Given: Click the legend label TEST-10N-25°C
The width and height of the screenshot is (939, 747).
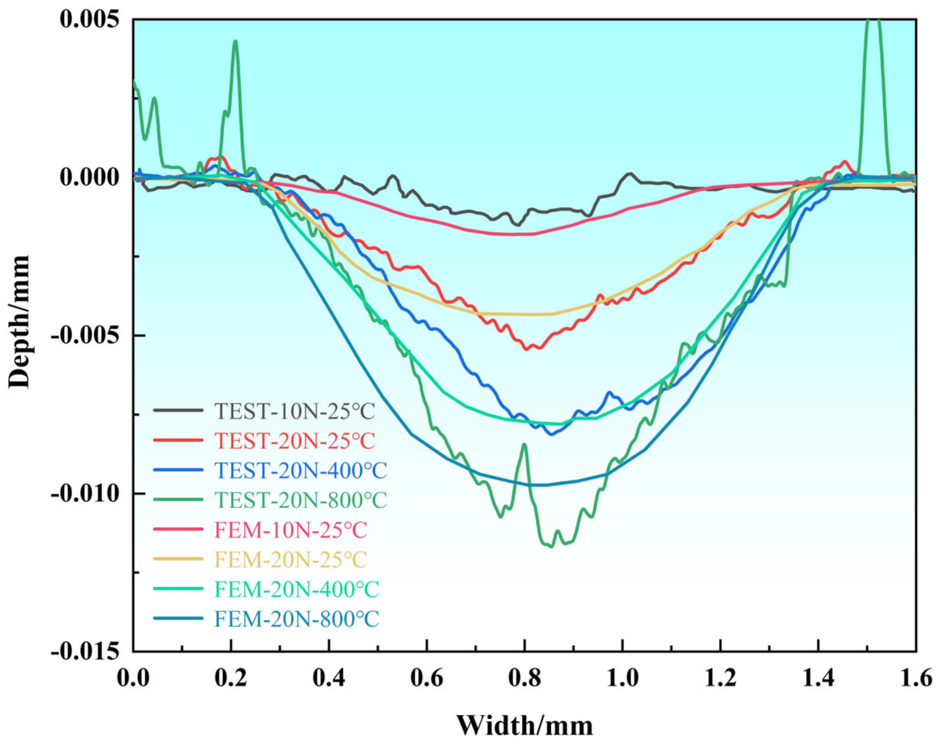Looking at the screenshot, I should [295, 411].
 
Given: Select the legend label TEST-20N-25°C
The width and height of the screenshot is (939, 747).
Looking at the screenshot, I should [295, 441].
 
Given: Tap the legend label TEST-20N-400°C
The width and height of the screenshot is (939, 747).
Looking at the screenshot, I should [300, 470].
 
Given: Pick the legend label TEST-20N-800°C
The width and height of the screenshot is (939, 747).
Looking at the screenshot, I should [300, 500].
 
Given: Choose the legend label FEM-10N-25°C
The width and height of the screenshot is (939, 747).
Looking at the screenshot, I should [291, 530].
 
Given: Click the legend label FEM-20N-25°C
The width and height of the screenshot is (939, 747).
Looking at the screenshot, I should [291, 559].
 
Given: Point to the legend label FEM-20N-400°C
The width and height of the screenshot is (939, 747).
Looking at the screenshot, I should [296, 589].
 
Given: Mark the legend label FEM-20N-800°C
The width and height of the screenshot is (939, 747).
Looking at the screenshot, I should [296, 619].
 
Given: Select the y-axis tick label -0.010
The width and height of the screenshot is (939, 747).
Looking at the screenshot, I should [85, 493].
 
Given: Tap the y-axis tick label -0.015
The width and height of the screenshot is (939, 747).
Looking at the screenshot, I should [85, 651].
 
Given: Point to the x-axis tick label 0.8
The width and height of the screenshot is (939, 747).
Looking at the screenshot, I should [525, 679].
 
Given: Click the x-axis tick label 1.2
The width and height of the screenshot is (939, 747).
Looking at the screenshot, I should [721, 679].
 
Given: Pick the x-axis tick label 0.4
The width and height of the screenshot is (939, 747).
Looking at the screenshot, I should [329, 679].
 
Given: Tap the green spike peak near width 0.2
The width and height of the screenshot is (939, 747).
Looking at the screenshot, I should [235, 42].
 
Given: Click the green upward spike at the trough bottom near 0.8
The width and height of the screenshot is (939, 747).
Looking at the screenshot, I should [524, 445].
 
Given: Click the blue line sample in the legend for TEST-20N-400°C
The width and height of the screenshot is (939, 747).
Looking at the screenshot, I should [178, 470].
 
